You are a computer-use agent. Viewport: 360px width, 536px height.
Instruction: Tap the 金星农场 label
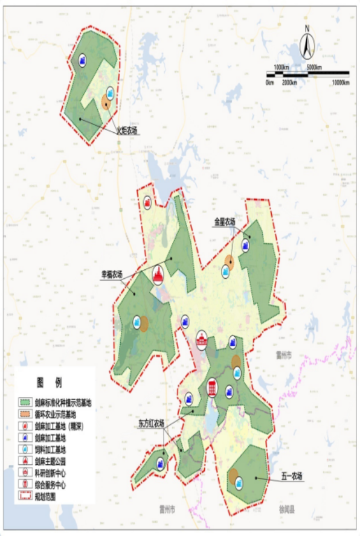point(223,222)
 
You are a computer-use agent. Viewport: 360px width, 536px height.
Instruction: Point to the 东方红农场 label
point(150,424)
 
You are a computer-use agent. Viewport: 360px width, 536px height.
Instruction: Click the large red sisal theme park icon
point(158,275)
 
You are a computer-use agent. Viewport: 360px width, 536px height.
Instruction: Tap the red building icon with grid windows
point(212,388)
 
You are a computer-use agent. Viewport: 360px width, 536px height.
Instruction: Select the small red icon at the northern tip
point(147,202)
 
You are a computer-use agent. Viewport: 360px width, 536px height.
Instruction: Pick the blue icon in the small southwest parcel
point(161,464)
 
